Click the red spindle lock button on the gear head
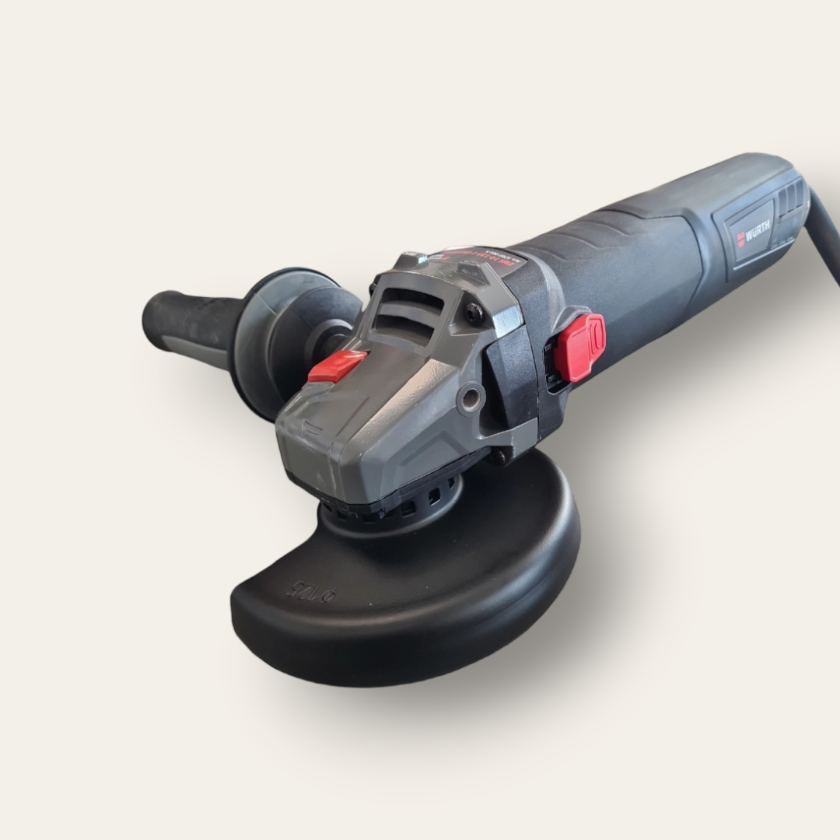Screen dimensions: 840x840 click(337, 366)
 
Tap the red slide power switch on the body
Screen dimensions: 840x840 click(583, 347)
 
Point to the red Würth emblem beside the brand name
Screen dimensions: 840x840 click(740, 240)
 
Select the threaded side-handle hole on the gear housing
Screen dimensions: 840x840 click(471, 398)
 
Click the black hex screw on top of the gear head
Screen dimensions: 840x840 click(474, 313)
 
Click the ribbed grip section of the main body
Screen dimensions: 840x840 click(607, 233)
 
